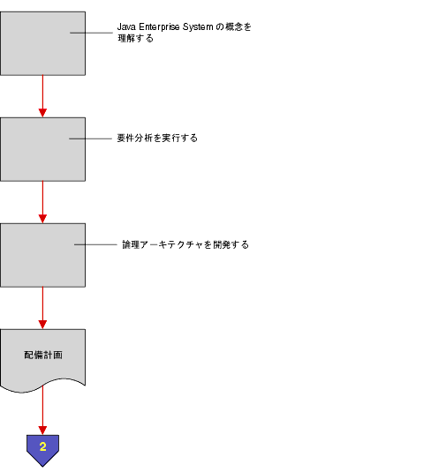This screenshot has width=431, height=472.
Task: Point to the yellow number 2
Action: click(42, 447)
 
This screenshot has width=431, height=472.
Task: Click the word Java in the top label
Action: click(126, 27)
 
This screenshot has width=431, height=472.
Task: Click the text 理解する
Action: click(135, 38)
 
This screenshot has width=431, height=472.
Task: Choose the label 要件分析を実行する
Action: click(156, 139)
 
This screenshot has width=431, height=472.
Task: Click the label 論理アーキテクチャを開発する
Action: click(185, 244)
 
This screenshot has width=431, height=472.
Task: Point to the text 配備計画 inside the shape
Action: click(42, 355)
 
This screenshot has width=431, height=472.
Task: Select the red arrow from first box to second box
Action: click(42, 96)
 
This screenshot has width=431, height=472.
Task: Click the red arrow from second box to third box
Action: click(42, 202)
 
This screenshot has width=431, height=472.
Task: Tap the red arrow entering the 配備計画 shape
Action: click(42, 308)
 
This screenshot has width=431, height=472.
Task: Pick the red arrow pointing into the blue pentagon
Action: click(42, 412)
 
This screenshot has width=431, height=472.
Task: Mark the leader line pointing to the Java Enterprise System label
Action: click(92, 33)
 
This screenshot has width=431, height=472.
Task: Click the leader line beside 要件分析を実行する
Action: click(91, 139)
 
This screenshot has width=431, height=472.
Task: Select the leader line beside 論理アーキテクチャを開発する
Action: click(95, 244)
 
